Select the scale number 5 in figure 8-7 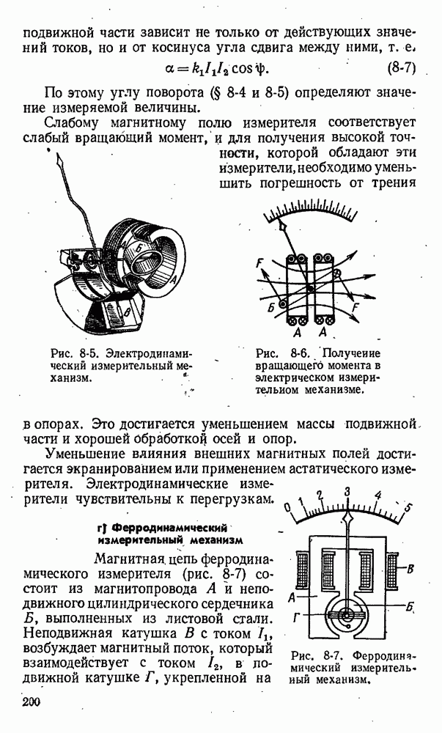pos(408,507)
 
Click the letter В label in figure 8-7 pos(411,568)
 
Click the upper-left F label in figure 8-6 pos(259,263)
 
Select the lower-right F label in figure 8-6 pos(357,309)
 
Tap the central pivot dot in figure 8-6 pos(311,289)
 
